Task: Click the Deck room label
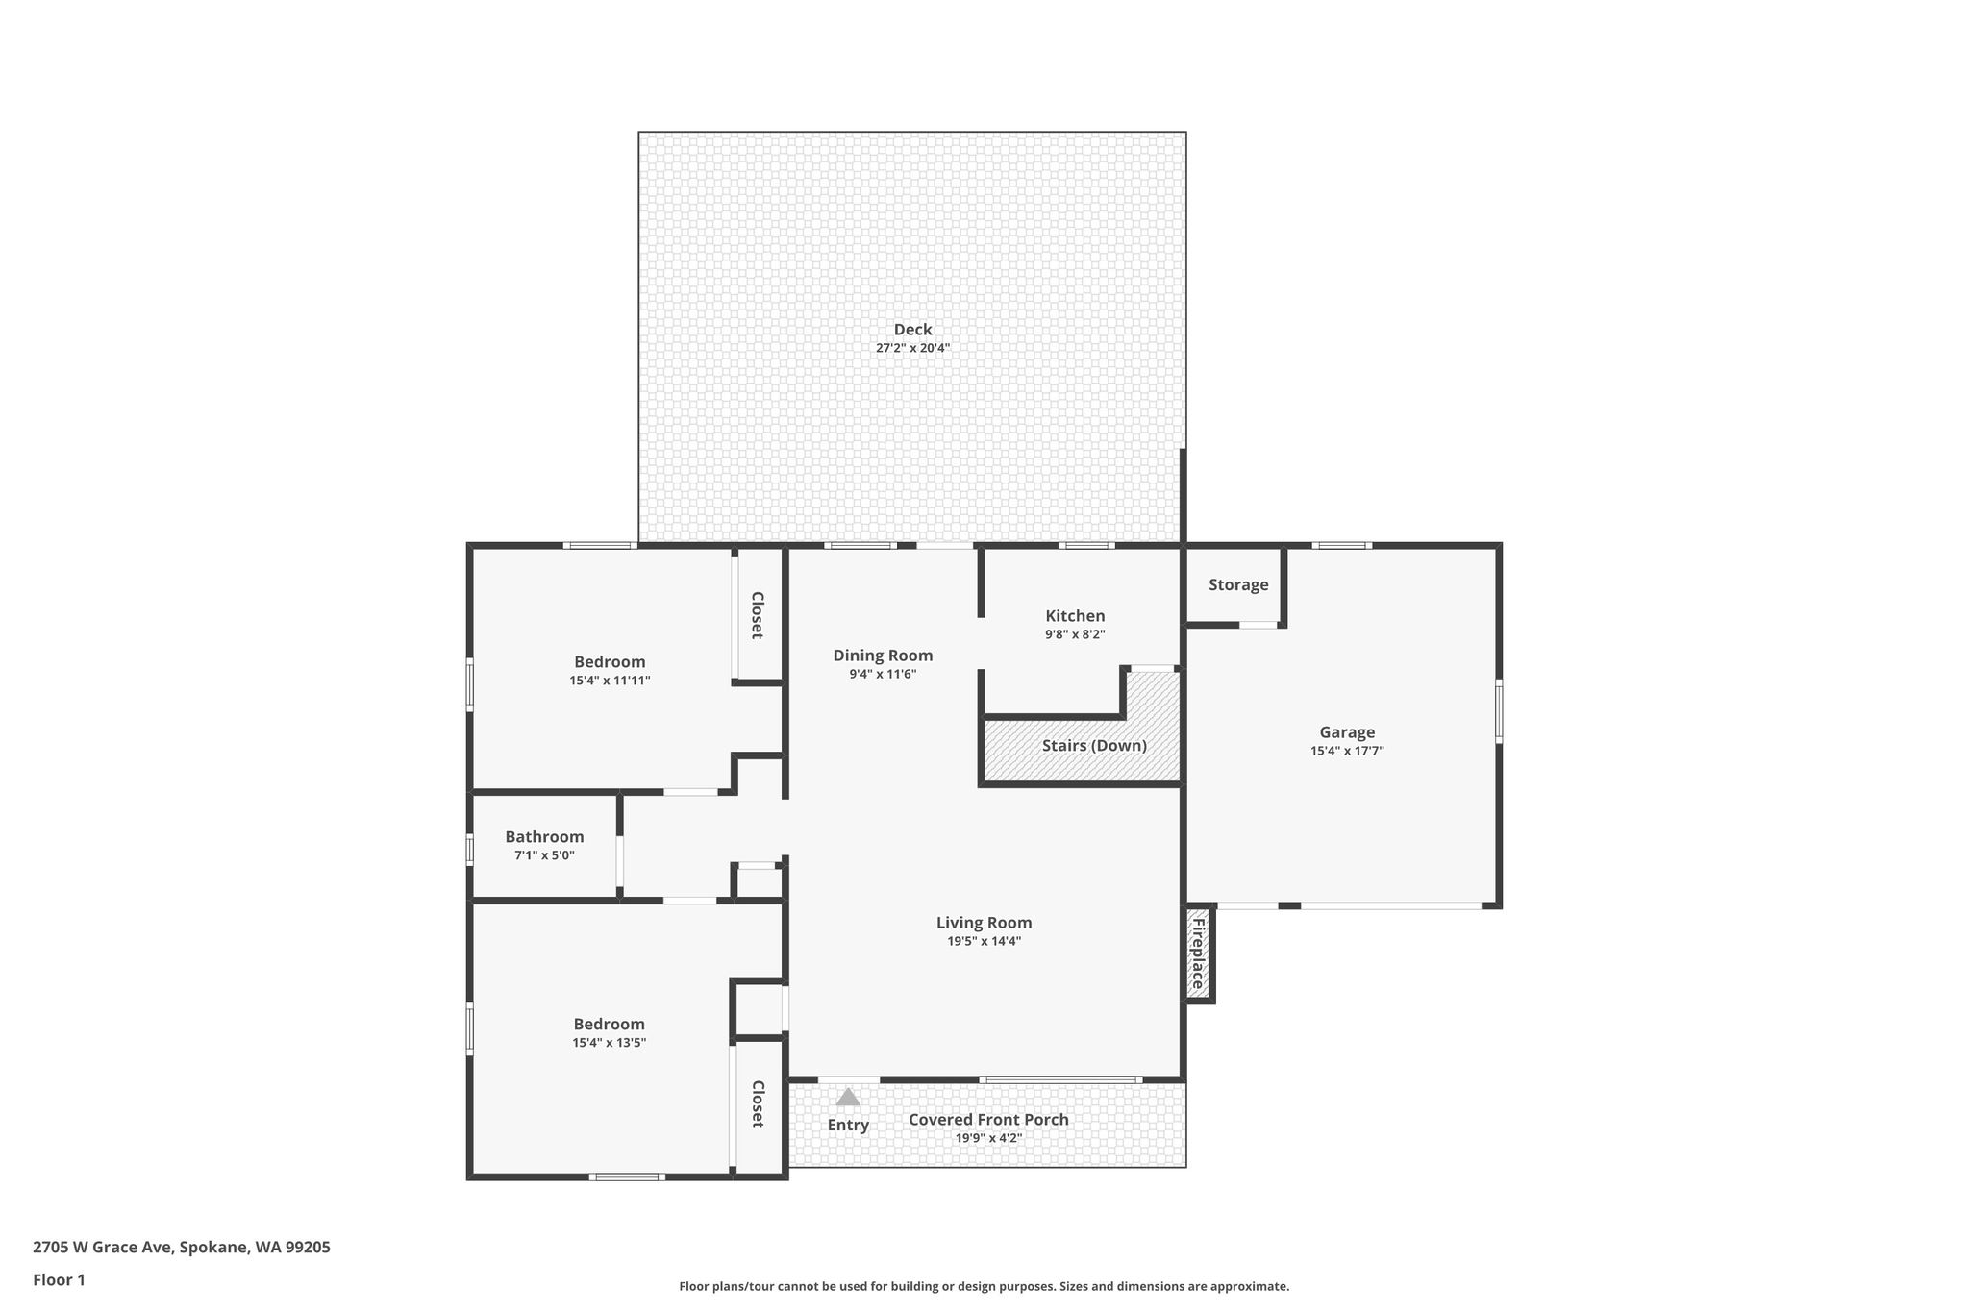[x=912, y=330]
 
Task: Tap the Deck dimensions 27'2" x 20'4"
[x=912, y=348]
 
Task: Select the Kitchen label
[x=1075, y=616]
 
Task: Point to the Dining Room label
[x=883, y=656]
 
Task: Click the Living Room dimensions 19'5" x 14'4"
[x=984, y=941]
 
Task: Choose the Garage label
[x=1347, y=732]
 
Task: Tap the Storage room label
[x=1238, y=584]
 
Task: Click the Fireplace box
[x=1198, y=954]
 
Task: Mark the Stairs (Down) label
[x=1094, y=746]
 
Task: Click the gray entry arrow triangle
[x=847, y=1097]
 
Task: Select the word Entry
[x=848, y=1125]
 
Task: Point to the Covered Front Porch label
[x=988, y=1120]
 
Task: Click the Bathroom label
[x=544, y=837]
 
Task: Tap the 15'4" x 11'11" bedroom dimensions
[x=610, y=681]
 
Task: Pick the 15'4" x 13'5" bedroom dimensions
[x=610, y=1043]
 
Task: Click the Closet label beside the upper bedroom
[x=757, y=615]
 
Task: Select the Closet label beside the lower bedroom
[x=757, y=1104]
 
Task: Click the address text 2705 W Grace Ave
[x=102, y=1248]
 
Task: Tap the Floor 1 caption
[x=60, y=1280]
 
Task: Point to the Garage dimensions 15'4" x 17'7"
[x=1347, y=752]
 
